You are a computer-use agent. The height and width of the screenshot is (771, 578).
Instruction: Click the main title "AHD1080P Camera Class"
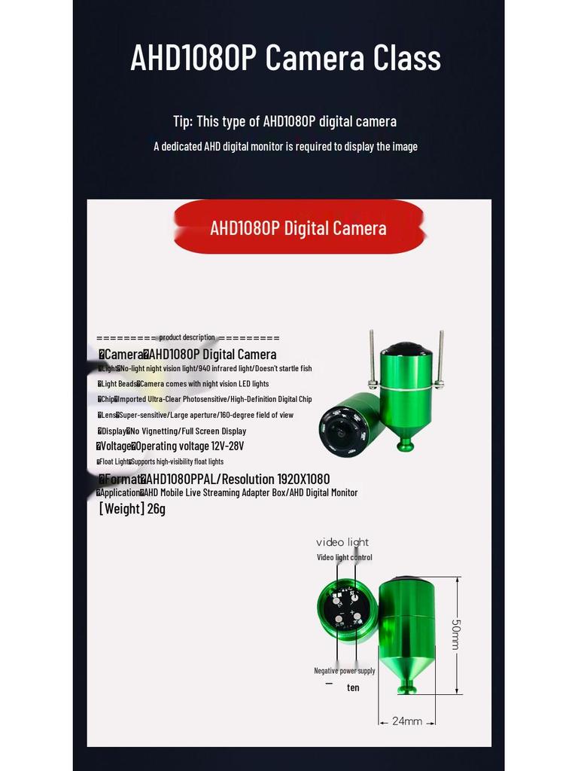(285, 58)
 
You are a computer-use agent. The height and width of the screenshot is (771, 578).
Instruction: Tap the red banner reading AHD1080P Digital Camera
(298, 227)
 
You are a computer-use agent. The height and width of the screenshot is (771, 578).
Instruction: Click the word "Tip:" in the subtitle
(183, 121)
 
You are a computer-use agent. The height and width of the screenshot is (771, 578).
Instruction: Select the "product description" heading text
(187, 337)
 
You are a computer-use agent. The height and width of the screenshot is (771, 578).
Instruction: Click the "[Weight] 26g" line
(132, 509)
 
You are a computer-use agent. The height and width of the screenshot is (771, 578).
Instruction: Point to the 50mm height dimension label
(455, 635)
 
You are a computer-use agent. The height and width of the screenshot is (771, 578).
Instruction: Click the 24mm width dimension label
(406, 721)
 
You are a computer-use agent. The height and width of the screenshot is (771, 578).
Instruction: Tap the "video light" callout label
(342, 542)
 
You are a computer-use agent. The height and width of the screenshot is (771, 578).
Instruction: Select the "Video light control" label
(344, 557)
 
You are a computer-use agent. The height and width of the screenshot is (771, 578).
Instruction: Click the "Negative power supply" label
(344, 670)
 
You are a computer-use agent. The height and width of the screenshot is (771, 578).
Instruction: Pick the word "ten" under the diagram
(353, 687)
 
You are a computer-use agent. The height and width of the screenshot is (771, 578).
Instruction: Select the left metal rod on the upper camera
(372, 358)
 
